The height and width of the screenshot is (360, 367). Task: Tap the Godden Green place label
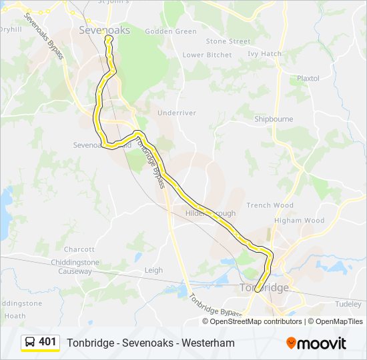pyautogui.click(x=171, y=31)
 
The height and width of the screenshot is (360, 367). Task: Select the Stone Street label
pyautogui.click(x=228, y=41)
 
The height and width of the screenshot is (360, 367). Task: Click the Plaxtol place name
pyautogui.click(x=308, y=78)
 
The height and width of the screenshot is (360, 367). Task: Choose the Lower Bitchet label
pyautogui.click(x=207, y=55)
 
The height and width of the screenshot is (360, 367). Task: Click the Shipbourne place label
pyautogui.click(x=274, y=119)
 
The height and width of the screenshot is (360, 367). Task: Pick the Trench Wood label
pyautogui.click(x=270, y=205)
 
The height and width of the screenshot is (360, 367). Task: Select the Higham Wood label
pyautogui.click(x=299, y=221)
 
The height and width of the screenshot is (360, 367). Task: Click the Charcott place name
pyautogui.click(x=79, y=249)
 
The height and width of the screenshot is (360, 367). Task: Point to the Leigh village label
pyautogui.click(x=153, y=270)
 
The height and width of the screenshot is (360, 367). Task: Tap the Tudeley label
pyautogui.click(x=348, y=303)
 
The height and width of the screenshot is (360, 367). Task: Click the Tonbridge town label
pyautogui.click(x=264, y=288)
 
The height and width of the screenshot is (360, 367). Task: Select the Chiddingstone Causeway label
pyautogui.click(x=75, y=267)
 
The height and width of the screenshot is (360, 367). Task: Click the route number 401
pyautogui.click(x=47, y=342)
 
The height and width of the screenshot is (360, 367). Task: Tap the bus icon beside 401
pyautogui.click(x=31, y=342)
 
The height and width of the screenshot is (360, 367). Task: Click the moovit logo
pyautogui.click(x=316, y=343)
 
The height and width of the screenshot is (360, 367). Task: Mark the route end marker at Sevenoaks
pyautogui.click(x=108, y=39)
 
